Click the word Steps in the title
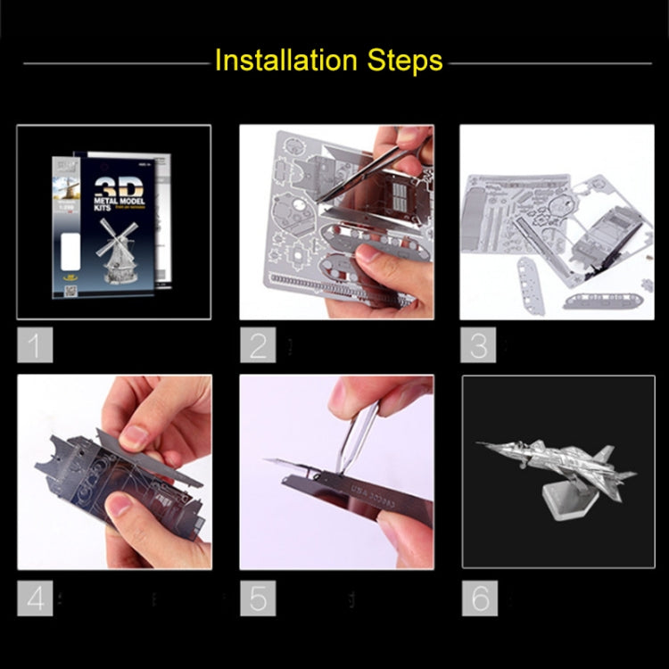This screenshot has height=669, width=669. coord(402,61)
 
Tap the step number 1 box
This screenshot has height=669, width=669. coord(35,344)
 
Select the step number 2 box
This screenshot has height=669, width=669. coord(257,344)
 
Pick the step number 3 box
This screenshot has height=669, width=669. coord(478,344)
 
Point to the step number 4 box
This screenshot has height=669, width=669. coord(35,597)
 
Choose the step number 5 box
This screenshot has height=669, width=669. coord(257,597)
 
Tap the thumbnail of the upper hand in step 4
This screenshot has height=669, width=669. coord(135,436)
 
